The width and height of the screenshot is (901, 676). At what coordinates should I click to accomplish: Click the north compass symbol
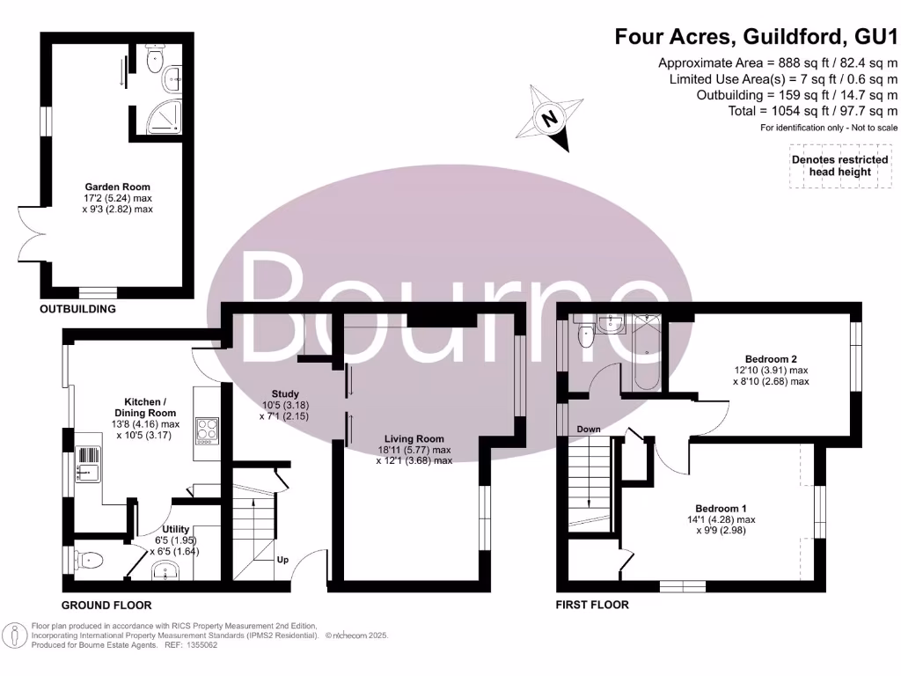point(550,118)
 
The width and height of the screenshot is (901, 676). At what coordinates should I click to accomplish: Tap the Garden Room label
point(117,198)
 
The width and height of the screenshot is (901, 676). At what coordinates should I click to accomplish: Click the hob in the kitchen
point(208,431)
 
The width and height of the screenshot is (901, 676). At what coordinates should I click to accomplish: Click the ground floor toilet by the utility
point(91,560)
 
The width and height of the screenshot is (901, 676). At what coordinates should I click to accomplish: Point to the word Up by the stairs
point(282,560)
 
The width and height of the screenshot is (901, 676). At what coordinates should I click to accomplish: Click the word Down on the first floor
point(589,430)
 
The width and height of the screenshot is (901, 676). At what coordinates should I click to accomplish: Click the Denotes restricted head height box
point(839,165)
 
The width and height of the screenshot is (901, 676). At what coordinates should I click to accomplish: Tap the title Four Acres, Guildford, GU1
point(756,37)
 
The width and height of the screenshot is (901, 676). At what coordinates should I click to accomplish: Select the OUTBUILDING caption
point(77,310)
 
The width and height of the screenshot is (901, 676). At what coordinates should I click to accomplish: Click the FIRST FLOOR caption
point(592,605)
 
